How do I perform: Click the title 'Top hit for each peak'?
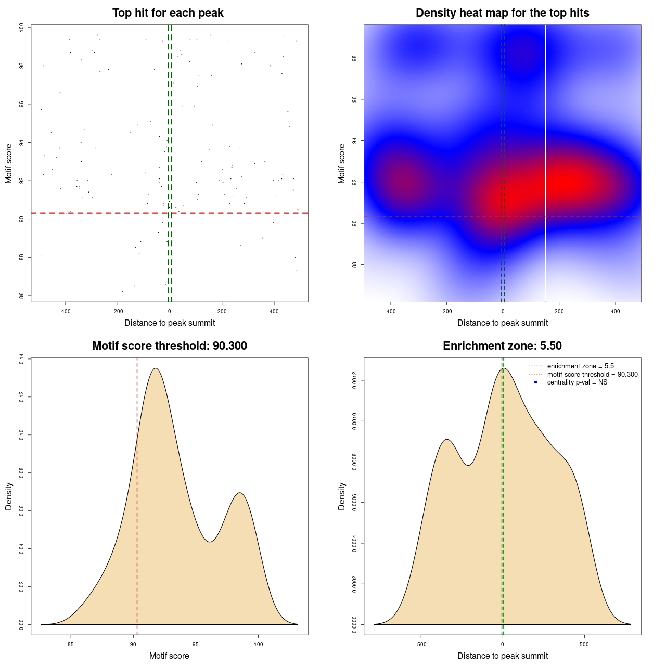(x=168, y=13)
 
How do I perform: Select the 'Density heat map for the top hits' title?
(x=502, y=13)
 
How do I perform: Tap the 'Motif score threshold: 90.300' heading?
(x=169, y=346)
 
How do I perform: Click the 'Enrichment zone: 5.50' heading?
(x=502, y=346)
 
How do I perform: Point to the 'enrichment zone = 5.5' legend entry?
(x=580, y=366)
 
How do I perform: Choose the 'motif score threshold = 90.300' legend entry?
(x=592, y=375)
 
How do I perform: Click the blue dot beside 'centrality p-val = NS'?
(x=535, y=382)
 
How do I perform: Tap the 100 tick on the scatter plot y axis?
(x=21, y=28)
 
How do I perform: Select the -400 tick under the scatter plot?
(x=65, y=312)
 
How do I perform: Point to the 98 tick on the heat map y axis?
(x=354, y=58)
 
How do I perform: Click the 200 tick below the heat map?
(x=559, y=312)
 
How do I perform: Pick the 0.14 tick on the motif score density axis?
(x=21, y=359)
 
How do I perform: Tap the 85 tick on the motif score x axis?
(x=71, y=644)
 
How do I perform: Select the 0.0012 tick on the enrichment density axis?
(x=354, y=380)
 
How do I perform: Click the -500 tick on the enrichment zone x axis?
(x=421, y=644)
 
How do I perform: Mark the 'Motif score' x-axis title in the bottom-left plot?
(x=169, y=656)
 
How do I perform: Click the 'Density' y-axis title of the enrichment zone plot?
(x=342, y=496)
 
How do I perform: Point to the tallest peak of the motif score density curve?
(x=155, y=368)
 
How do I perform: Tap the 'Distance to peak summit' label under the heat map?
(x=502, y=323)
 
